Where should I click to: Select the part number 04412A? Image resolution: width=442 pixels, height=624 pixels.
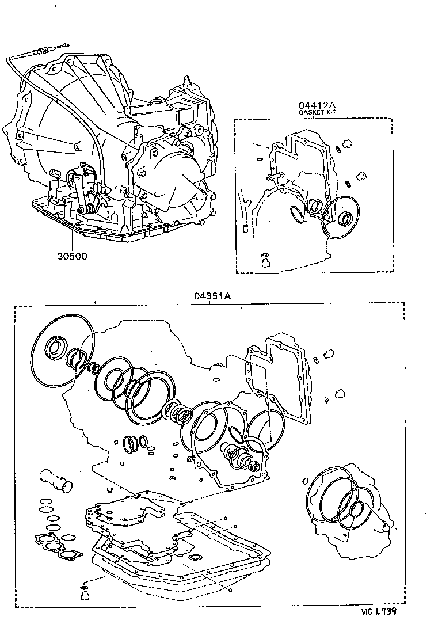point(317,105)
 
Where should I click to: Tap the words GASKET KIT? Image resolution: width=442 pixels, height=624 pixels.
point(317,113)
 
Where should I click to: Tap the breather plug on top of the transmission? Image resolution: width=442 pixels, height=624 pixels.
point(186,81)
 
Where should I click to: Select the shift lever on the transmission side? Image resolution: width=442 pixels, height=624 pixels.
point(86,190)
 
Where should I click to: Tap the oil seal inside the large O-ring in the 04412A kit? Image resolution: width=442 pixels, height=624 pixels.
point(346,218)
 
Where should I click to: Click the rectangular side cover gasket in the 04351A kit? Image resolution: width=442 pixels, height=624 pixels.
point(277,381)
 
